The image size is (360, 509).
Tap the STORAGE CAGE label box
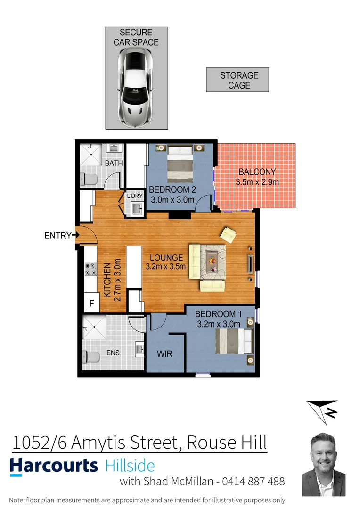pyautogui.click(x=237, y=80)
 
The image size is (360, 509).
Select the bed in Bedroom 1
pyautogui.click(x=234, y=342)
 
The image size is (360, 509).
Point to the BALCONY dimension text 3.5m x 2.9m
pyautogui.click(x=257, y=182)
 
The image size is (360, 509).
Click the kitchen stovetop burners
pyautogui.click(x=90, y=269)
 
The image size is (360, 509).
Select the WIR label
pyautogui.click(x=164, y=354)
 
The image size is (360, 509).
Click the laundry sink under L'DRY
pyautogui.click(x=137, y=208)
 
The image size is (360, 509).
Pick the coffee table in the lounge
pyautogui.click(x=212, y=262)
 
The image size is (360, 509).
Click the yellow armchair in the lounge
pyautogui.click(x=229, y=234)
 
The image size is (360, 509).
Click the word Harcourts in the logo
pyautogui.click(x=54, y=466)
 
